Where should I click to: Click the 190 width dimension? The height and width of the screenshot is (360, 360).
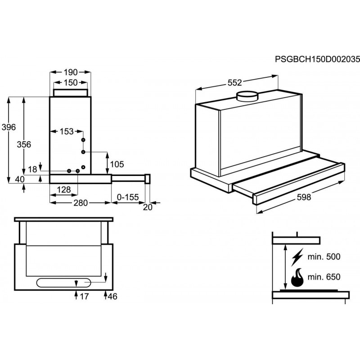pyautogui.click(x=71, y=72)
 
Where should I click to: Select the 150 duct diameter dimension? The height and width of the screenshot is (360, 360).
pyautogui.click(x=71, y=82)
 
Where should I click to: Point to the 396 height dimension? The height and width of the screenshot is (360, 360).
pyautogui.click(x=8, y=127)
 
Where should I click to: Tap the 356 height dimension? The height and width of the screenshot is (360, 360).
pyautogui.click(x=23, y=144)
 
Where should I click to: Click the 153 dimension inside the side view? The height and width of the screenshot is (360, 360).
pyautogui.click(x=66, y=131)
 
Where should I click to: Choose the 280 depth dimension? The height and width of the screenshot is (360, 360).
pyautogui.click(x=80, y=203)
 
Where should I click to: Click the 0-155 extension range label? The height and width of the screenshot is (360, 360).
pyautogui.click(x=127, y=197)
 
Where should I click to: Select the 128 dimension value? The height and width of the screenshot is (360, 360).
pyautogui.click(x=64, y=190)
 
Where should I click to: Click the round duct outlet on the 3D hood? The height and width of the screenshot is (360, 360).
pyautogui.click(x=247, y=96)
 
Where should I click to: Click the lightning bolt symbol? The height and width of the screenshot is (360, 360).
pyautogui.click(x=297, y=258)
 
